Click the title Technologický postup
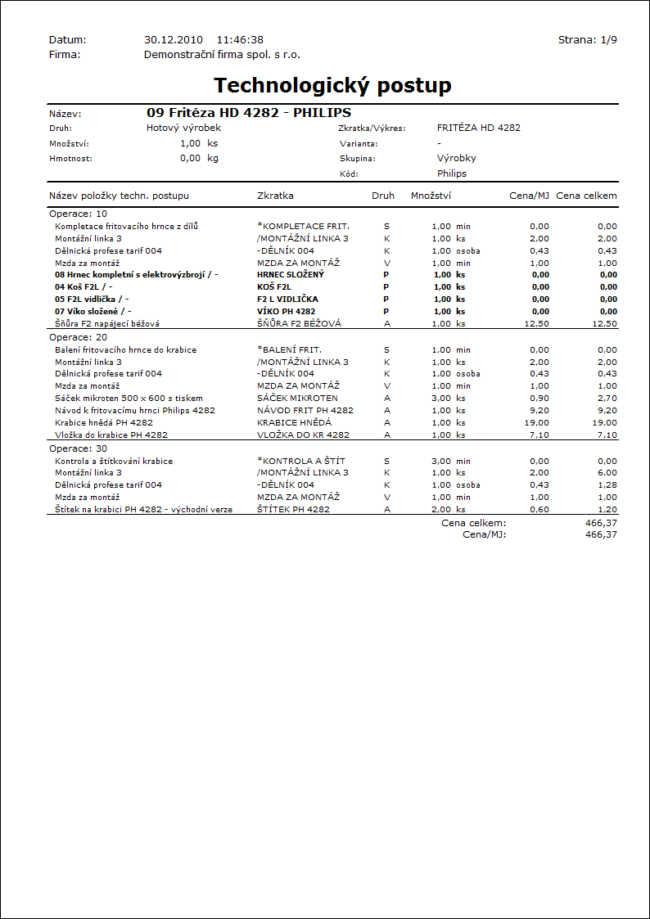pyautogui.click(x=332, y=85)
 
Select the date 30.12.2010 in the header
pyautogui.click(x=173, y=39)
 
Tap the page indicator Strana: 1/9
pyautogui.click(x=587, y=39)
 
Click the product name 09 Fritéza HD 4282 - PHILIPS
pyautogui.click(x=249, y=112)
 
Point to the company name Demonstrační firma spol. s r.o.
pyautogui.click(x=222, y=55)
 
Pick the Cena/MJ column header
pyautogui.click(x=529, y=196)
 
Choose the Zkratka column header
pyautogui.click(x=275, y=196)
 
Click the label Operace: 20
pyautogui.click(x=78, y=337)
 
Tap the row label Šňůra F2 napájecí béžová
pyautogui.click(x=107, y=323)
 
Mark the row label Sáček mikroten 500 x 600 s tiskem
pyautogui.click(x=129, y=398)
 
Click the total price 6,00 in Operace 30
pyautogui.click(x=607, y=472)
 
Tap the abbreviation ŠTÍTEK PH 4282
pyautogui.click(x=293, y=509)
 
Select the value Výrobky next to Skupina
pyautogui.click(x=457, y=158)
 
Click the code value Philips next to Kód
pyautogui.click(x=452, y=173)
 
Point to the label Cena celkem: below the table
pyautogui.click(x=473, y=522)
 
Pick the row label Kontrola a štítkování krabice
pyautogui.click(x=114, y=461)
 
